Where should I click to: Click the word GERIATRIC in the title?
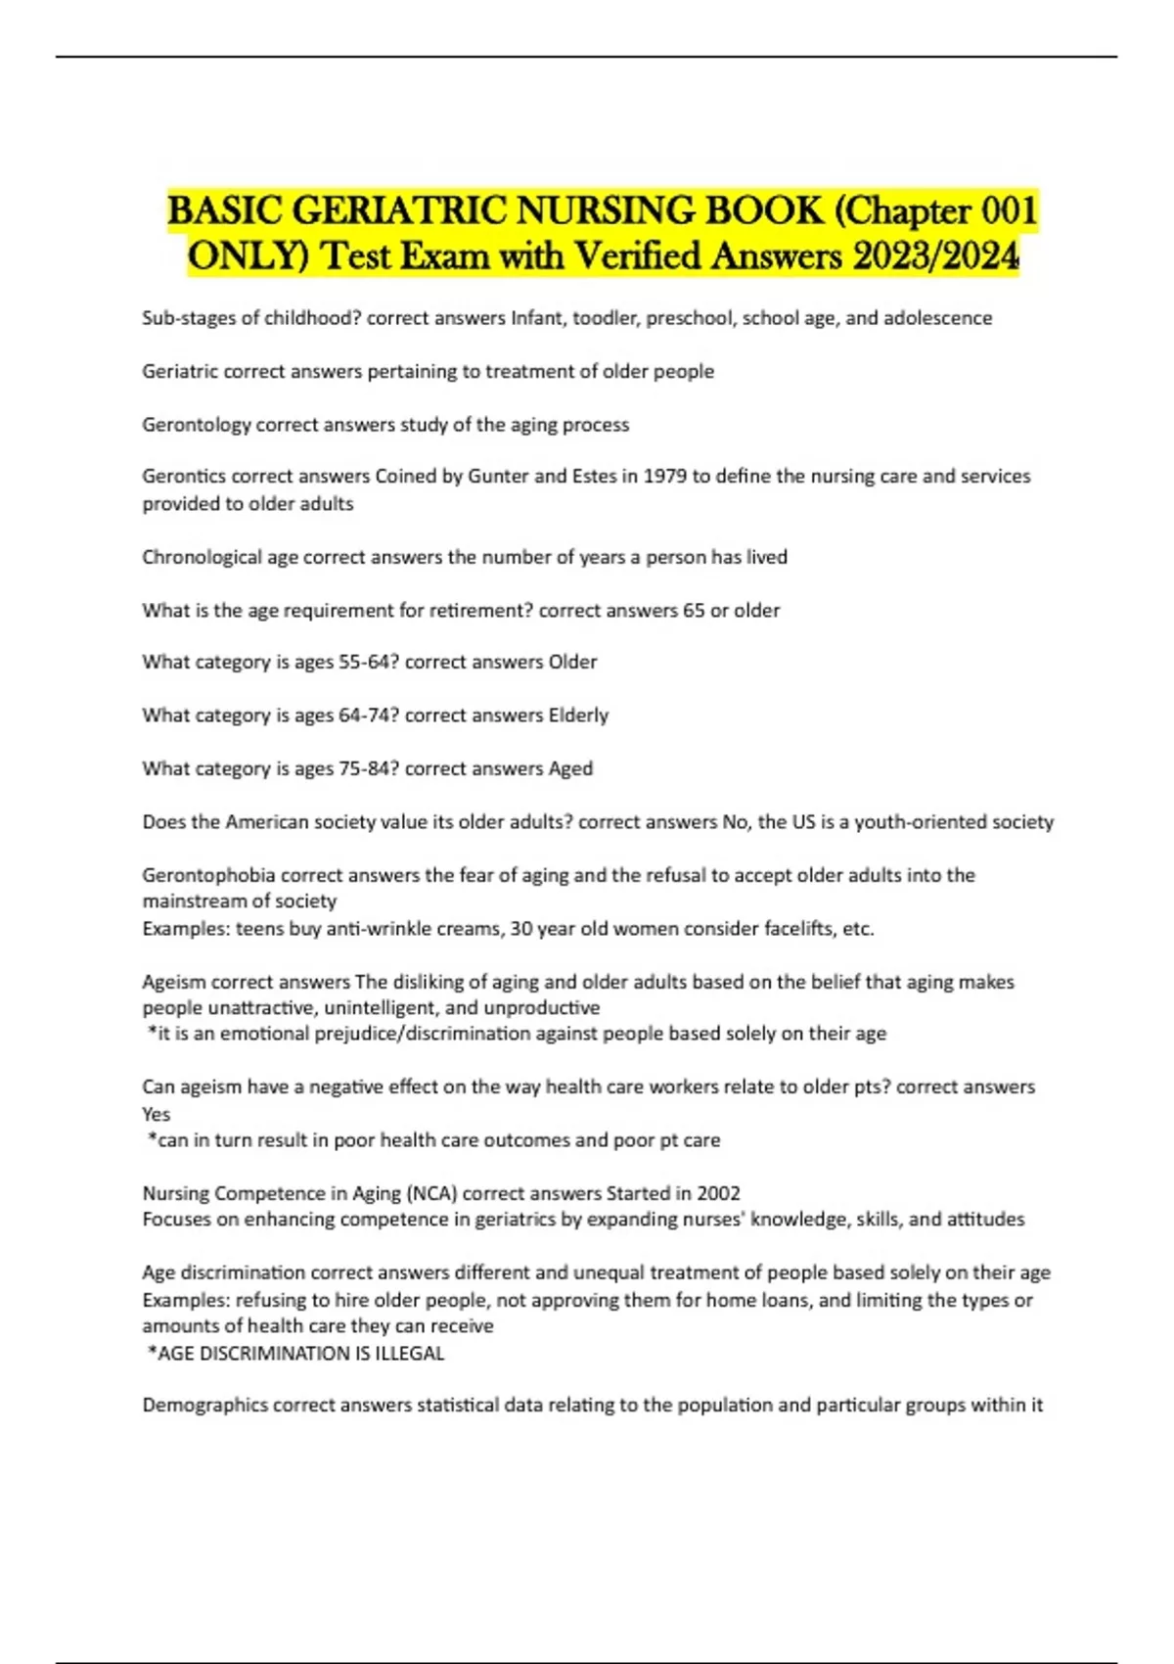click(397, 211)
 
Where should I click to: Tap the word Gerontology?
click(196, 425)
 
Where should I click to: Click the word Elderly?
click(578, 716)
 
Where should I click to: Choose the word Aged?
click(570, 768)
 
